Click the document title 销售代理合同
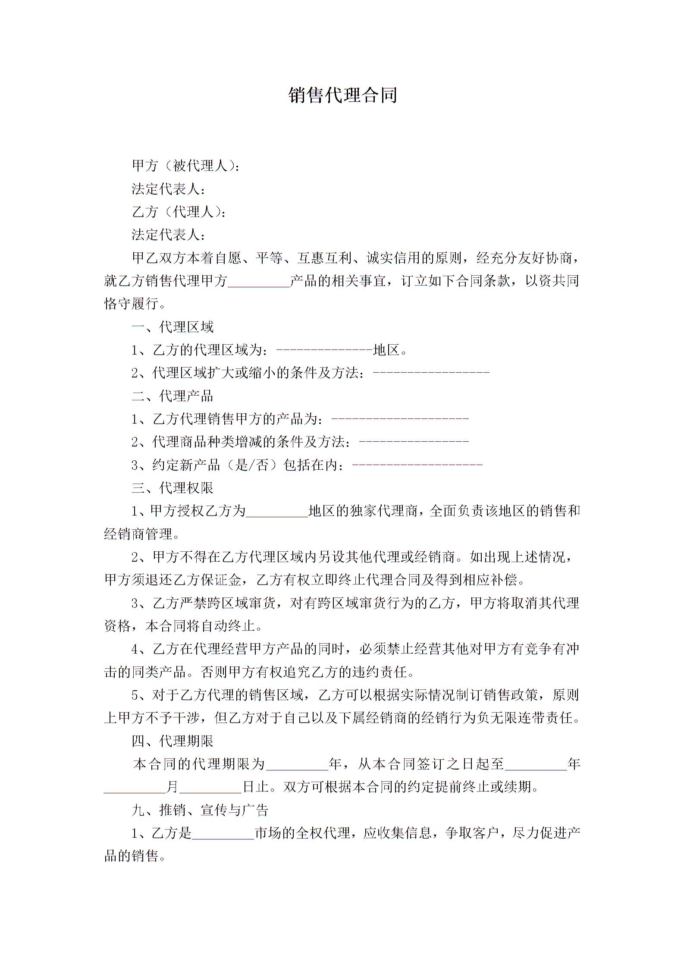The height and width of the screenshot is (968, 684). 342,95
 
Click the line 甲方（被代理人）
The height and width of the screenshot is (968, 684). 185,166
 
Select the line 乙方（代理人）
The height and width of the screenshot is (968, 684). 179,212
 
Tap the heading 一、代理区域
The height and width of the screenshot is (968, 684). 173,327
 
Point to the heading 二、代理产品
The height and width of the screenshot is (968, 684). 173,396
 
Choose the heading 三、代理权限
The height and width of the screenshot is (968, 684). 173,488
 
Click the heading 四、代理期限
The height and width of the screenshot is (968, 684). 173,741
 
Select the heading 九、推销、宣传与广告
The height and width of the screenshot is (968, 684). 200,810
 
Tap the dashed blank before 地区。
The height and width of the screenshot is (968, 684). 324,350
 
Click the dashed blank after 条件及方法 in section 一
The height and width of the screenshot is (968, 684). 431,373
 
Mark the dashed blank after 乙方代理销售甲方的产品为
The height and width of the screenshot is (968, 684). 400,419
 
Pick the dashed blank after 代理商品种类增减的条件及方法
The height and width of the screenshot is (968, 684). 414,442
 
